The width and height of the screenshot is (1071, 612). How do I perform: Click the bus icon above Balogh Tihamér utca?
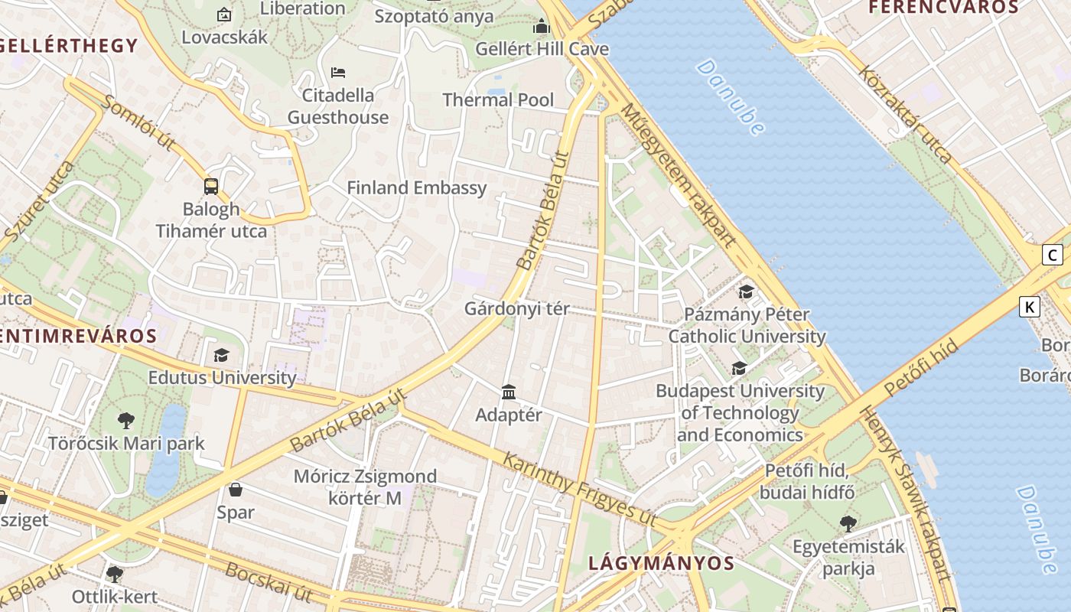coord(211,186)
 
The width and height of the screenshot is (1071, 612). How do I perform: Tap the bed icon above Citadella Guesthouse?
coord(338,73)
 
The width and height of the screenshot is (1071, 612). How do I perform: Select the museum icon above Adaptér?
coord(509,392)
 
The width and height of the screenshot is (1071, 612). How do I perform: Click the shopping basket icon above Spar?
coord(236,490)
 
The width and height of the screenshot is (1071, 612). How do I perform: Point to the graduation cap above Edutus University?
coord(221,355)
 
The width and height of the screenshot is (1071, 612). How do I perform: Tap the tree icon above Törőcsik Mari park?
coord(126,420)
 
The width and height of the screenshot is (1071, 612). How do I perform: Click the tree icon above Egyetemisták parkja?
coord(848,524)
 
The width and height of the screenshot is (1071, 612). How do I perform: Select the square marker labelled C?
coord(1053,255)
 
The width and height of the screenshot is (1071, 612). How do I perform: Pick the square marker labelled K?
coord(1030,307)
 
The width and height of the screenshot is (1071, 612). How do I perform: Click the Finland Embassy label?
coord(416,188)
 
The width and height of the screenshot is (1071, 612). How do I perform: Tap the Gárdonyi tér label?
coord(517,309)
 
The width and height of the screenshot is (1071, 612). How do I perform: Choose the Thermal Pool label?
coord(498,100)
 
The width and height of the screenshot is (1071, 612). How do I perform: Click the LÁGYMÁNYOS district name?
coord(661,564)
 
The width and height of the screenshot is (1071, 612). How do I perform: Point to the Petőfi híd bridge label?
coord(921,369)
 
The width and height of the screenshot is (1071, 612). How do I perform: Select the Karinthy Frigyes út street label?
coord(579,488)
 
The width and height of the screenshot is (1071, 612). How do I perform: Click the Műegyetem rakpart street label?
coord(678,174)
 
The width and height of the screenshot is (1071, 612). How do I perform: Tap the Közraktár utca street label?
coord(906,115)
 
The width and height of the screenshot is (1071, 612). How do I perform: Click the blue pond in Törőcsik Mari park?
coord(165,451)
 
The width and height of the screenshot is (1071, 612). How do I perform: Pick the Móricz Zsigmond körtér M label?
coord(365,487)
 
